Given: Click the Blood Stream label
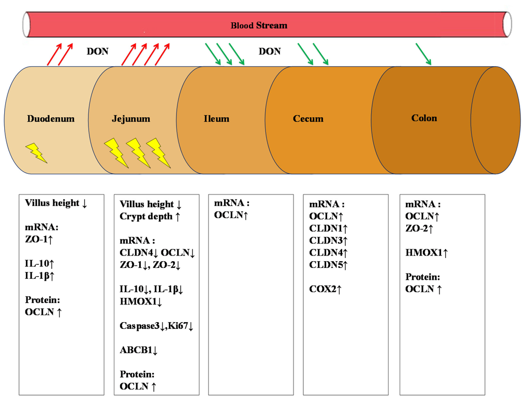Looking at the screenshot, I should (x=259, y=25).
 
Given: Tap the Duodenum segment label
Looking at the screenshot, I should (x=51, y=119).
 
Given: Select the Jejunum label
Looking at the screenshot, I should (x=131, y=119).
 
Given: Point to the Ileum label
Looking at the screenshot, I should (x=216, y=119).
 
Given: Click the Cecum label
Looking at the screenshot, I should (x=308, y=119).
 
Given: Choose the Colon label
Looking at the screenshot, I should (x=424, y=118).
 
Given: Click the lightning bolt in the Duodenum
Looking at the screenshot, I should (x=36, y=153).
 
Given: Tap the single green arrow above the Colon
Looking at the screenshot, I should (x=423, y=54).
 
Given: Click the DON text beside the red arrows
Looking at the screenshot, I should (x=97, y=51).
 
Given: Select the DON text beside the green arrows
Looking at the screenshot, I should (x=270, y=51).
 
